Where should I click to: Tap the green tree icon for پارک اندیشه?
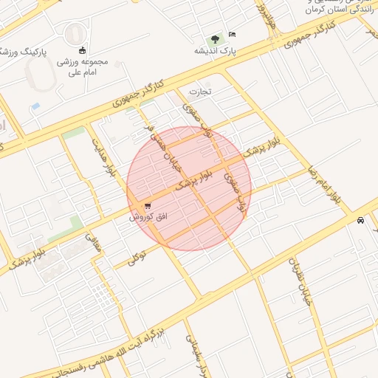pos(215,38)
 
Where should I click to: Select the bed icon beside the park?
pos(233,35)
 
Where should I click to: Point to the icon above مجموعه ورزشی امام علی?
pos(81,50)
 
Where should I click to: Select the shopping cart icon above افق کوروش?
pos(148,205)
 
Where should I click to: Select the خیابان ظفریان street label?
pos(300,283)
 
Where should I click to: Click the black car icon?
pos(360,220)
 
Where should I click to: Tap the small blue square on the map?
pos(35,106)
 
